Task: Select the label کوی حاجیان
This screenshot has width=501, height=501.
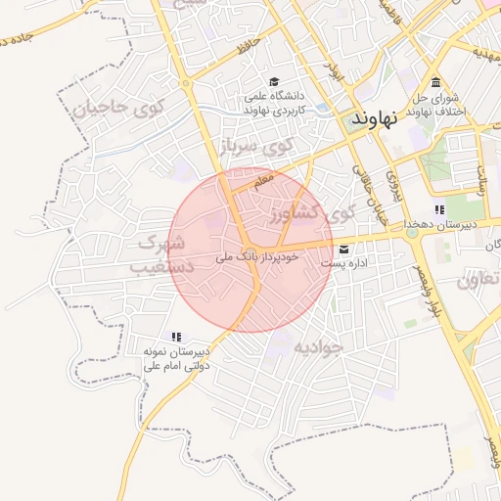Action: (x=114, y=107)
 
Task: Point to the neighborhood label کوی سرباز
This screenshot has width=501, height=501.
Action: (x=256, y=147)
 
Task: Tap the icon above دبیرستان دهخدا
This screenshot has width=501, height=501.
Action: (x=439, y=209)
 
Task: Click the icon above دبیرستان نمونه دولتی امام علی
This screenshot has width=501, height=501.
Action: (x=177, y=337)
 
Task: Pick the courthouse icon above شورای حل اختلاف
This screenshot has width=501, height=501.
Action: (x=434, y=82)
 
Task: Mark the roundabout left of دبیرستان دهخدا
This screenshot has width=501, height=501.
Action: (x=413, y=233)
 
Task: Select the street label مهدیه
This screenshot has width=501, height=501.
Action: (x=486, y=51)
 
